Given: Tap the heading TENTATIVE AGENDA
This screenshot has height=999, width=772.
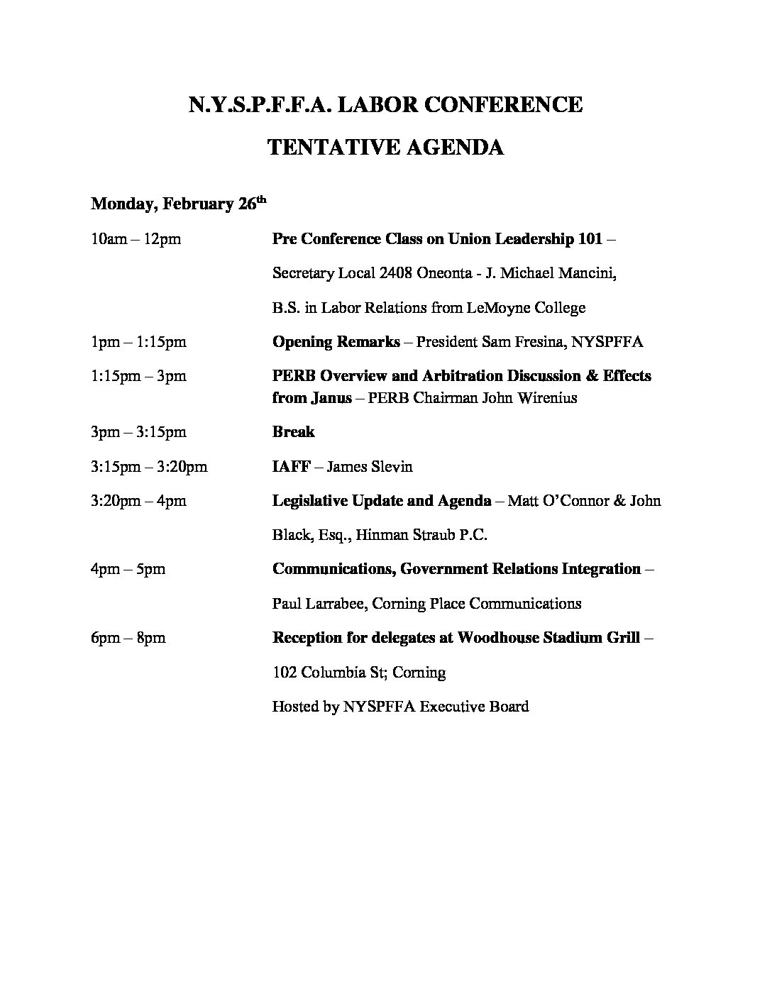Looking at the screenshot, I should coord(385,148).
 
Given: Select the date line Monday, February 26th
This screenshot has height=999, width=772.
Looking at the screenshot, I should coord(178,204).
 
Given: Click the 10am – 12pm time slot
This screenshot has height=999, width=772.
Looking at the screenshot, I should coord(136,239).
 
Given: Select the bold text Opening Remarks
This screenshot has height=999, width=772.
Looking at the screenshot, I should coord(336,342).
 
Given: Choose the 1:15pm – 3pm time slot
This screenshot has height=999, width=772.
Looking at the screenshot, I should coord(138,376).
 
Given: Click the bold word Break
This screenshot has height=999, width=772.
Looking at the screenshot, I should coord(293,432).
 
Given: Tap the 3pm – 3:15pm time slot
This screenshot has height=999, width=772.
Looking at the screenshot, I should coord(138,432).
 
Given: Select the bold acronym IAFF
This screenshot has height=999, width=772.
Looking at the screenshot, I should coord(292,467).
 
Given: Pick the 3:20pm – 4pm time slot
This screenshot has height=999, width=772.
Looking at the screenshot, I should coord(138,501).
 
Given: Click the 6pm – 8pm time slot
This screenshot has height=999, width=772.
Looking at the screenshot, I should coord(128,638).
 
